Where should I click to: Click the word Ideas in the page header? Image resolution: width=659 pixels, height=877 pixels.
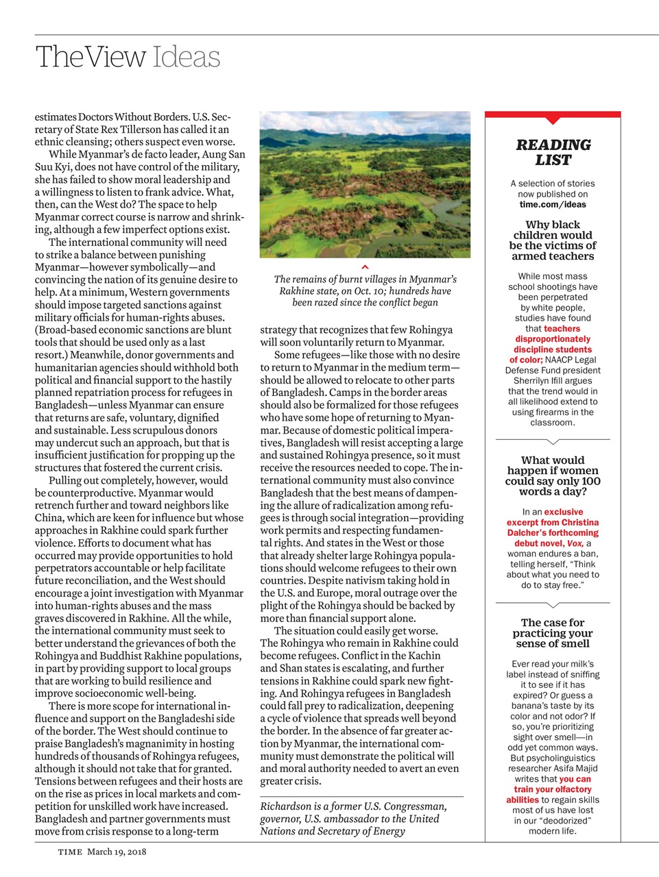tap(186, 57)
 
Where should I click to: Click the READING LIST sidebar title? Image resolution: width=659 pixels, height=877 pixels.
tap(553, 152)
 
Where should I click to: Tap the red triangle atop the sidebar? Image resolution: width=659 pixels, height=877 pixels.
tap(553, 119)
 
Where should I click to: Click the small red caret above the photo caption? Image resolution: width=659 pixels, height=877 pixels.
tap(365, 267)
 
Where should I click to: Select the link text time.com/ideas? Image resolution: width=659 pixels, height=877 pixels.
tap(553, 204)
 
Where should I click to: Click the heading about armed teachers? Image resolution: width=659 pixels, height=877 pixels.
tap(553, 240)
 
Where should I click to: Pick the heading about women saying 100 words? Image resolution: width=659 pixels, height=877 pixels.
tap(553, 476)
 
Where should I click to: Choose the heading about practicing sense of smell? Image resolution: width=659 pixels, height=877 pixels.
tap(553, 633)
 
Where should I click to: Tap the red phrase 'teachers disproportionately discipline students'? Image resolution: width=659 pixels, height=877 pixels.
tap(553, 339)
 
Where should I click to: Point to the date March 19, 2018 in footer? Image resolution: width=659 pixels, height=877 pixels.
tap(117, 852)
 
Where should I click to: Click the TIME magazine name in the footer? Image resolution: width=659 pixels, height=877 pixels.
tap(70, 852)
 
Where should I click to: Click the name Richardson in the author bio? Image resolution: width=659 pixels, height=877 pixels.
tap(285, 806)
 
